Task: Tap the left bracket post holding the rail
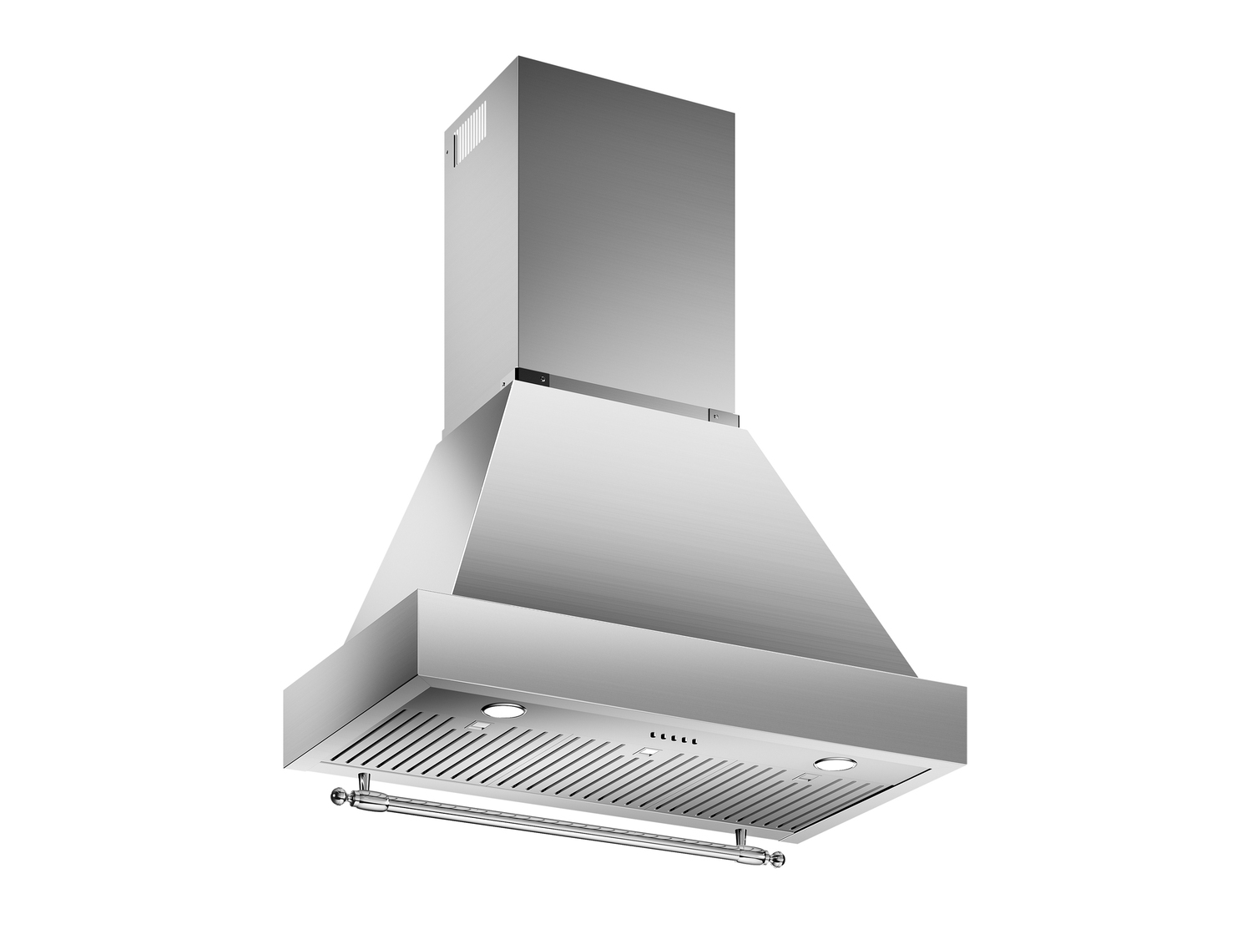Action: click(x=364, y=785)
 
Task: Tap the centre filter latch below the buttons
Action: click(x=643, y=755)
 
